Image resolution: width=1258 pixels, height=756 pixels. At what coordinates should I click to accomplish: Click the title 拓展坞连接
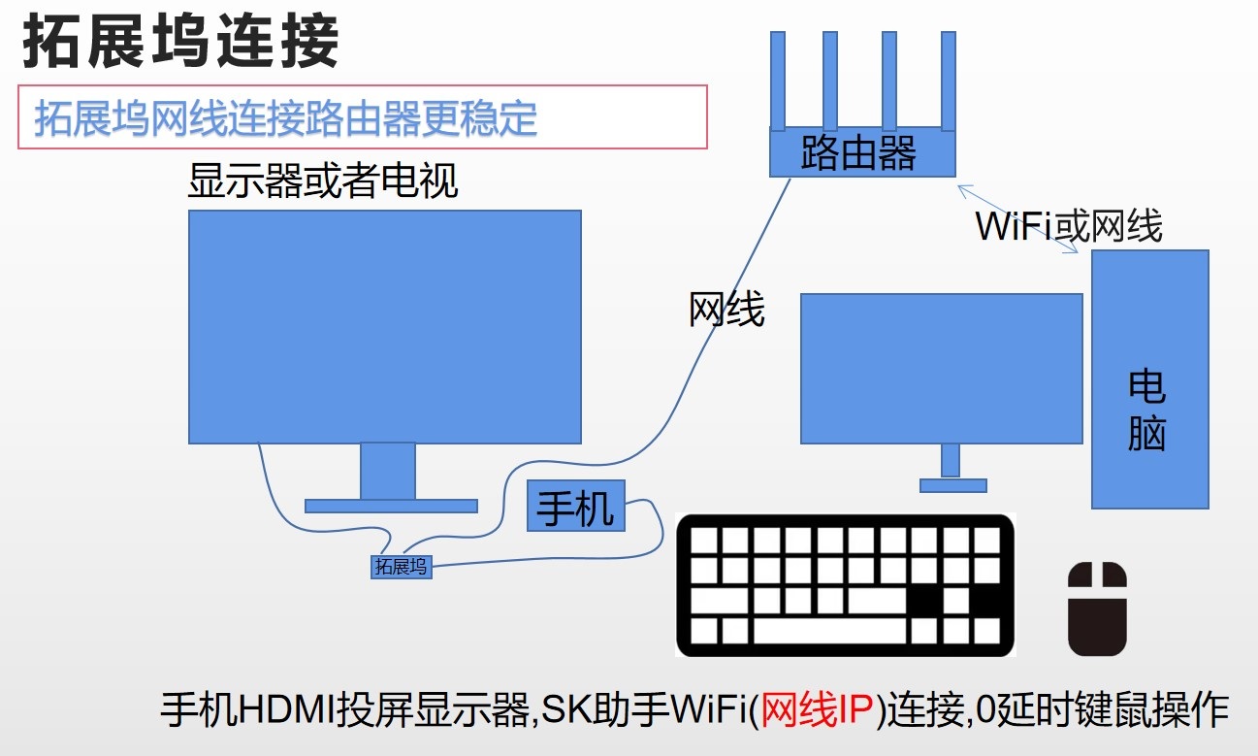(181, 42)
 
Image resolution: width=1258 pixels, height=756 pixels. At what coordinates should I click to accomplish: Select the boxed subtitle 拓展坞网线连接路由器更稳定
(286, 118)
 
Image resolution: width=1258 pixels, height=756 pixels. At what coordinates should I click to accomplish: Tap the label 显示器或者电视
(322, 181)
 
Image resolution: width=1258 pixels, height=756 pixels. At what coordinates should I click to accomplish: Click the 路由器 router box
(862, 152)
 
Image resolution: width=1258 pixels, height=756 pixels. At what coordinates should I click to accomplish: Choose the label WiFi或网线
(1069, 226)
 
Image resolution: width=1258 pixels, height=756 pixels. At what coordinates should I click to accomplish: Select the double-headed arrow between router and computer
(1017, 219)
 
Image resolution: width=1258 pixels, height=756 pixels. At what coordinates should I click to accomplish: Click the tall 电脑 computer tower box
(1149, 378)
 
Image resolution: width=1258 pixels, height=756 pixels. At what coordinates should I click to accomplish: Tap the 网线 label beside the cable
(726, 310)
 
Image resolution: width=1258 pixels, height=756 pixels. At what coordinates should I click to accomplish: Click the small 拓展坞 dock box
(401, 567)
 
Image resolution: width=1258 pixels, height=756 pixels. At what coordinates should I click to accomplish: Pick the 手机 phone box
(576, 506)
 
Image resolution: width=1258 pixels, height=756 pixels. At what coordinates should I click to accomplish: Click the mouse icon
(1097, 608)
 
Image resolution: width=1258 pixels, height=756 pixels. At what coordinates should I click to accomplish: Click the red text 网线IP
(819, 711)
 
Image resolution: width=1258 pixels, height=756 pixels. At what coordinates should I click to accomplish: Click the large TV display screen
(385, 326)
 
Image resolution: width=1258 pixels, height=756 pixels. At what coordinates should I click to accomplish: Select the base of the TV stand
(391, 506)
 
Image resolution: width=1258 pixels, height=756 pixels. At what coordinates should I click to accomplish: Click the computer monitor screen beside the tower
(941, 369)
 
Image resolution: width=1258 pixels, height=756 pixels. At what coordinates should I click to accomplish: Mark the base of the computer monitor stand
(952, 485)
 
